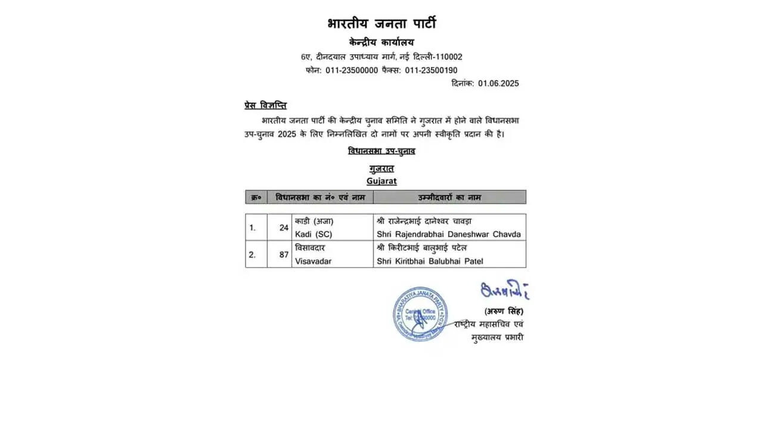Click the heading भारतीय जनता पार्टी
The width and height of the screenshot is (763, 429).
coord(381,24)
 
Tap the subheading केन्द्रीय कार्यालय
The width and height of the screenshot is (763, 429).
coord(381,42)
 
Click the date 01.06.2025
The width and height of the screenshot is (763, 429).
coord(498,83)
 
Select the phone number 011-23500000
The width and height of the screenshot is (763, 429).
coord(352,70)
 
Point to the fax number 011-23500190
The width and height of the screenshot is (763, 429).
coord(431,70)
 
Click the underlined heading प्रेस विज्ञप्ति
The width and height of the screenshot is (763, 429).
coord(265,105)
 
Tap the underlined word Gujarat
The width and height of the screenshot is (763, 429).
coord(381,181)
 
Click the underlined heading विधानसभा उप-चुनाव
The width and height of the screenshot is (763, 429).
coord(381,151)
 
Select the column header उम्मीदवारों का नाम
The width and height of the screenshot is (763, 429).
coord(449,197)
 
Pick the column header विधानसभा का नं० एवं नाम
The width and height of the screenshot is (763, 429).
coord(320,197)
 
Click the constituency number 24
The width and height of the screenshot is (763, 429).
coord(283,227)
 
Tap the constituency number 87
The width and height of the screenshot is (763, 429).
coord(283,254)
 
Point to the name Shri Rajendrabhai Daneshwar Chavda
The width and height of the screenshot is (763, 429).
coord(449,234)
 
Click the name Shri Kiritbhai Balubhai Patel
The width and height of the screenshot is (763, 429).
coord(430,261)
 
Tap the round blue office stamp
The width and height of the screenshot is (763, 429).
coord(420,314)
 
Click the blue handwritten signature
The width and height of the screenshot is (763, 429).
coord(504,290)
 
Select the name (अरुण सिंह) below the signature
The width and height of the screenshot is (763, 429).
coord(504,311)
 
